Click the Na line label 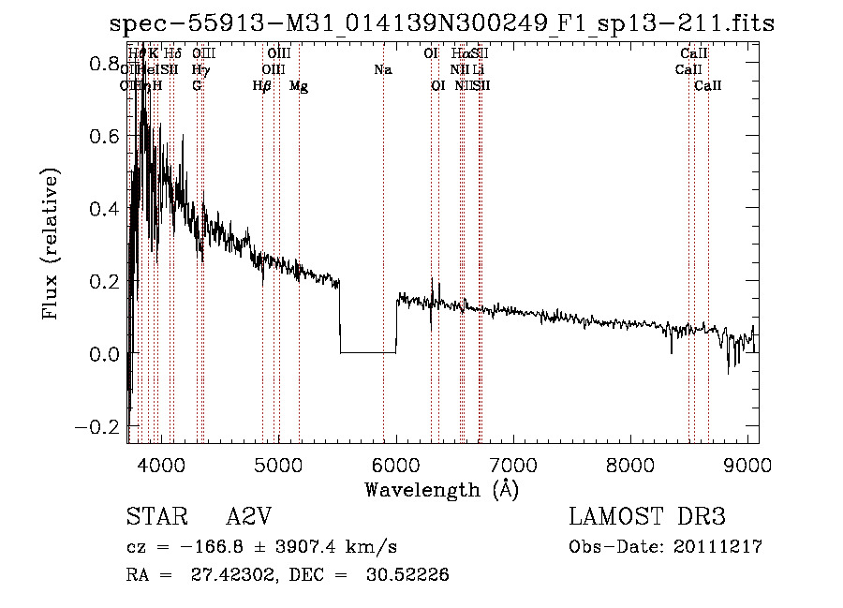click(x=382, y=70)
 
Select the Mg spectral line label click(x=299, y=86)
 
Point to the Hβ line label click(x=262, y=86)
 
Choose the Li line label click(x=479, y=70)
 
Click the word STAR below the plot click(x=154, y=517)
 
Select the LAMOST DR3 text click(x=646, y=517)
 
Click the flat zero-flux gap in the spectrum click(x=367, y=352)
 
